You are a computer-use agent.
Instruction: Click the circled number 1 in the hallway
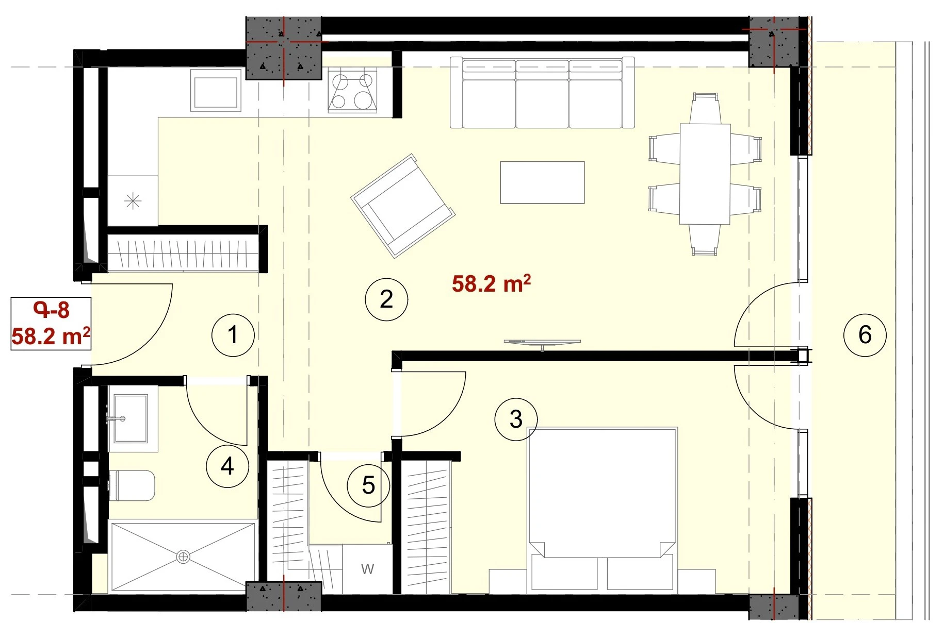click(233, 335)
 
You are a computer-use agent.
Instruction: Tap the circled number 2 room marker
click(386, 299)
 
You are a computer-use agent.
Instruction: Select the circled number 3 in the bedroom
click(516, 419)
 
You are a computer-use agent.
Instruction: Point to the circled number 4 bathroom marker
click(227, 466)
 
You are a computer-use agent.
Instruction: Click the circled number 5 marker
click(368, 485)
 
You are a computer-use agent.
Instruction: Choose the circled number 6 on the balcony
click(865, 335)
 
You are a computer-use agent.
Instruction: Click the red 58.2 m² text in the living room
click(491, 284)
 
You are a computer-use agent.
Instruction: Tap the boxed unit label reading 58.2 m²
click(51, 336)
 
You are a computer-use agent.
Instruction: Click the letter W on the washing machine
click(367, 569)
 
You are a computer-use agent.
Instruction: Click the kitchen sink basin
click(216, 90)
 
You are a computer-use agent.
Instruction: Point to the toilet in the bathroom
click(132, 485)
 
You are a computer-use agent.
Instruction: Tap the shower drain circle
click(183, 557)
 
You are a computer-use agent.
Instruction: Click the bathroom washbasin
click(131, 418)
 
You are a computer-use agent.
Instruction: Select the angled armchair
click(403, 206)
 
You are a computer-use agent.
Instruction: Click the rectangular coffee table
click(542, 182)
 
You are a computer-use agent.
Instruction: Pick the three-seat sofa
click(542, 93)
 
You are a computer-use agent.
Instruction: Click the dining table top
click(705, 174)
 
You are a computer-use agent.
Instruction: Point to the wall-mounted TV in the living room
click(542, 343)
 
